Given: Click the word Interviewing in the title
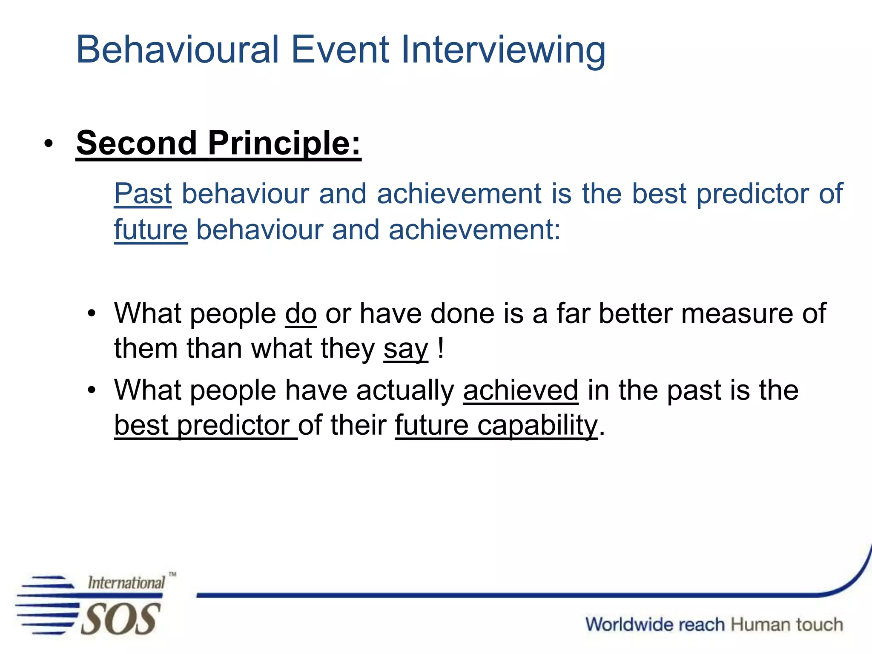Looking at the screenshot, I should pos(503,50).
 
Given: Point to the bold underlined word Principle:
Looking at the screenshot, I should pos(284,143).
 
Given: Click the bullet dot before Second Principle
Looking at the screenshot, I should pos(49,144).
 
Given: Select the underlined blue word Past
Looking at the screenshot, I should pos(143,194).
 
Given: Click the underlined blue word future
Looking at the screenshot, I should pos(151,230).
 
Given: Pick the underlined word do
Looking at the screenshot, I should pos(301,314).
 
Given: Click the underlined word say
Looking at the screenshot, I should pos(405,349).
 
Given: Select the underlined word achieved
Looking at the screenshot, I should pos(520,390).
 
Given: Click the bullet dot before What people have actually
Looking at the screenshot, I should pos(91,390).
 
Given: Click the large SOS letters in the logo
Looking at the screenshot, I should pos(120,620).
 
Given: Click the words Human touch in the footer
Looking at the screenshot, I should pos(787,625).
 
